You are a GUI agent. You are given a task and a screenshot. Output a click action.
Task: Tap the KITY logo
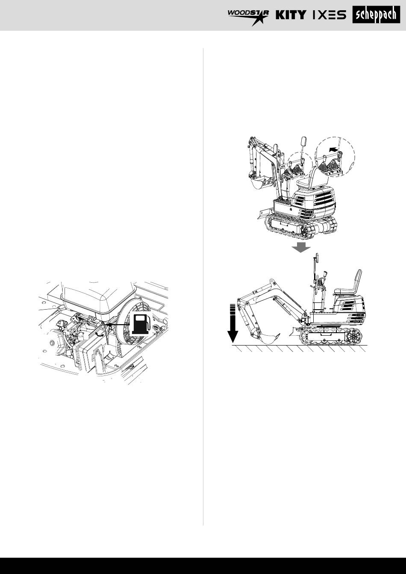[x=291, y=15]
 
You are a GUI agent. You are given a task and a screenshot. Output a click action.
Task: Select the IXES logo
[x=330, y=15]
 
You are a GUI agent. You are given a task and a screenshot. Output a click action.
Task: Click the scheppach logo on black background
[x=376, y=15]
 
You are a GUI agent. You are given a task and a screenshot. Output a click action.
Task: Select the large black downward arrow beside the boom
[x=233, y=323]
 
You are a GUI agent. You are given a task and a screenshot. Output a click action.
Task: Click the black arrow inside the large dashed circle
[x=333, y=149]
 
